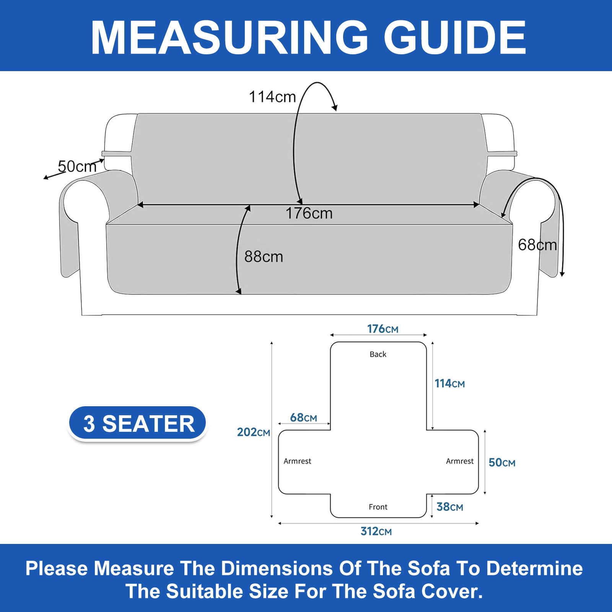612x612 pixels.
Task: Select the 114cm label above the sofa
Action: click(x=272, y=97)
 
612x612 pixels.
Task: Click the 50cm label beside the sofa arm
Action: click(x=77, y=166)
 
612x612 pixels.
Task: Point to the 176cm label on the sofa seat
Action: click(x=309, y=213)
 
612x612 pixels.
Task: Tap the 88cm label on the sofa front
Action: click(x=264, y=256)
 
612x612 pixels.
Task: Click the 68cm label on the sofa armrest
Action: click(x=537, y=245)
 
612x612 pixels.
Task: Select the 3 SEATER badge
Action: click(x=138, y=423)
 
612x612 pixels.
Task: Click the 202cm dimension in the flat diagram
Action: click(x=253, y=432)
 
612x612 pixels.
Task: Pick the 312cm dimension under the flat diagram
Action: click(x=376, y=531)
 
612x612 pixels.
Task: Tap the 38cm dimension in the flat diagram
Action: click(x=450, y=507)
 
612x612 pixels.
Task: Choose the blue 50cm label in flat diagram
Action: click(x=502, y=462)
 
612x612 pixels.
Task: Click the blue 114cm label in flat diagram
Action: click(x=449, y=383)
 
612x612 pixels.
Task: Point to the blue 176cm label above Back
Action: click(x=383, y=329)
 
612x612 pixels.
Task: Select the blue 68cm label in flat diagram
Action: click(x=303, y=417)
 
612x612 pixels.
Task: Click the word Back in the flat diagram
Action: click(x=378, y=354)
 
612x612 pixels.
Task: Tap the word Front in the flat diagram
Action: click(x=378, y=507)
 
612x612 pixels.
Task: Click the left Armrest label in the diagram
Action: click(x=297, y=461)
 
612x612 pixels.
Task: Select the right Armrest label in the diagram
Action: click(x=460, y=461)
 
